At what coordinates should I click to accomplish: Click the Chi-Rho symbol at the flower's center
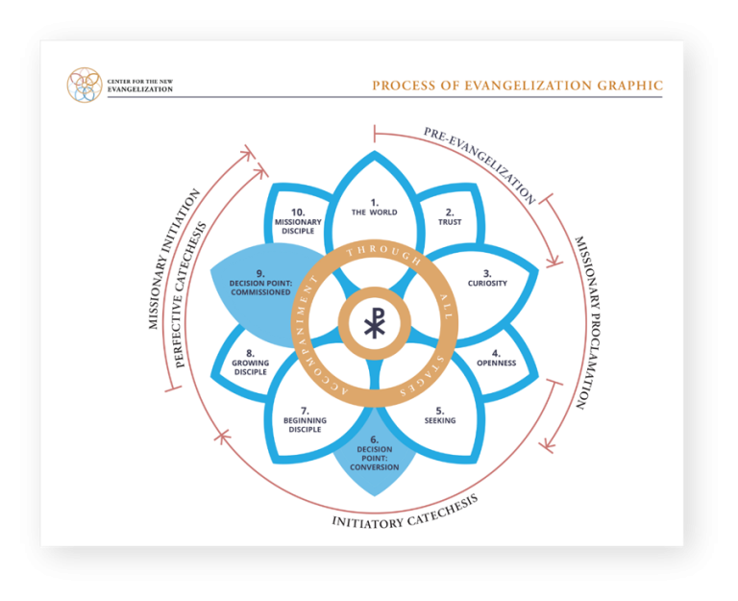click(374, 325)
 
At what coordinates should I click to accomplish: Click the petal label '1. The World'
click(374, 208)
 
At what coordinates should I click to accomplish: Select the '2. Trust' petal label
click(450, 216)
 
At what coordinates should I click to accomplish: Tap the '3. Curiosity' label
click(487, 278)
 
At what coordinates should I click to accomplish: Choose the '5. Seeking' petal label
click(440, 415)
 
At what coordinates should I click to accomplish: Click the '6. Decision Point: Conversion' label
click(374, 453)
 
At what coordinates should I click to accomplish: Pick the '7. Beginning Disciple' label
click(305, 420)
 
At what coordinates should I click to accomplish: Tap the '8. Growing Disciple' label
click(250, 362)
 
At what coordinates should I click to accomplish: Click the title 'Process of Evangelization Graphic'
click(517, 87)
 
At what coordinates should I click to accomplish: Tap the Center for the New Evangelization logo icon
click(85, 86)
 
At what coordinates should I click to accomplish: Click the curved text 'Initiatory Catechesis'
click(405, 513)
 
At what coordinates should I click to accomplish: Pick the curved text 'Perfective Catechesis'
click(191, 294)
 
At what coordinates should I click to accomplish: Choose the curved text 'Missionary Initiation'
click(174, 259)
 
